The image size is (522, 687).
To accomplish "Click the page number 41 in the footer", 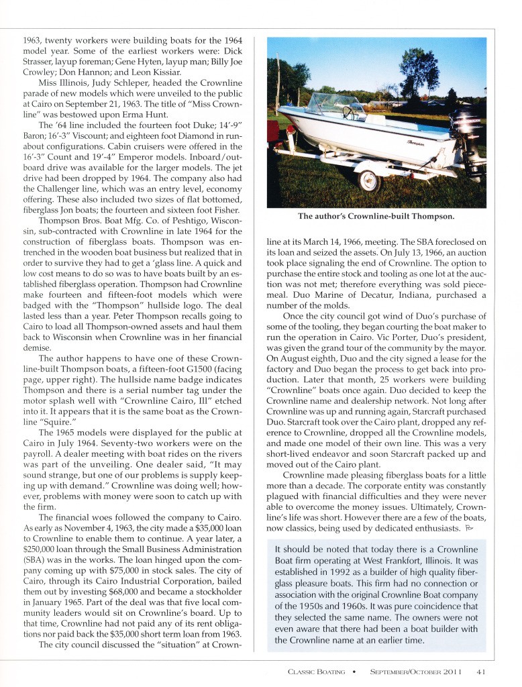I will (481, 671).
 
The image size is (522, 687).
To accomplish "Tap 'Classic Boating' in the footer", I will (316, 671).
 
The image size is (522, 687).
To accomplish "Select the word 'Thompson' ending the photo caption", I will (431, 216).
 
